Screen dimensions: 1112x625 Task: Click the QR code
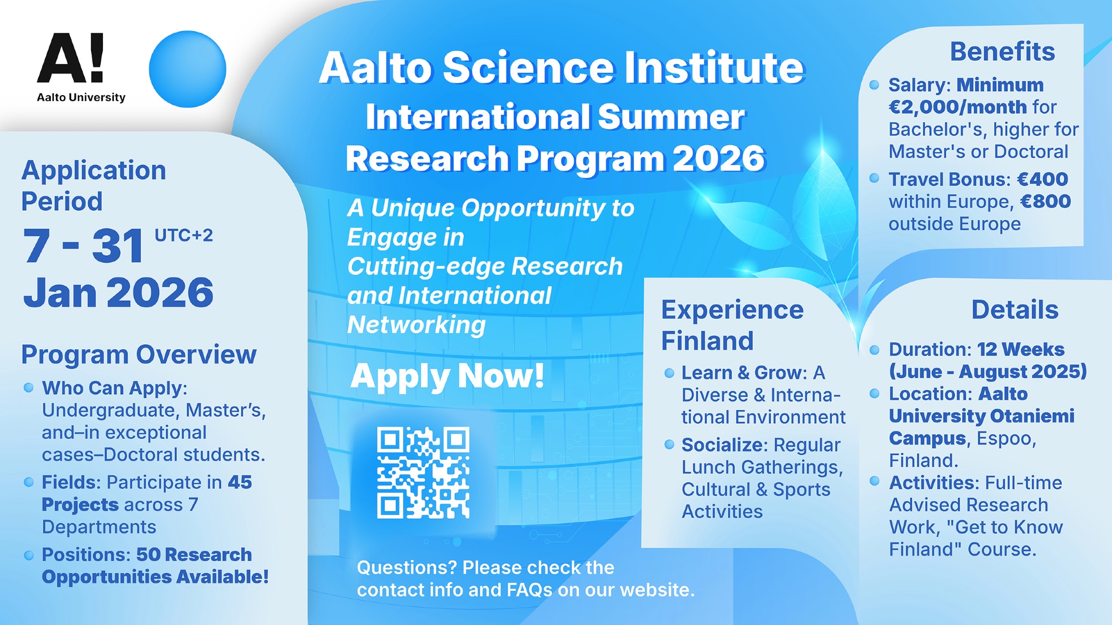click(x=423, y=473)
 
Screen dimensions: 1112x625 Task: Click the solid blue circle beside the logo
click(x=187, y=69)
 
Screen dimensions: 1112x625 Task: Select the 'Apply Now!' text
click(x=448, y=376)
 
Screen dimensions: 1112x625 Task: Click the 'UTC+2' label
click(x=183, y=235)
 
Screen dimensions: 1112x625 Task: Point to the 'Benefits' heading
click(x=1002, y=52)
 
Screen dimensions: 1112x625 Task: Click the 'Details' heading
click(x=1015, y=310)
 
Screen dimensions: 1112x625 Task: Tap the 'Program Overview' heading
click(x=139, y=355)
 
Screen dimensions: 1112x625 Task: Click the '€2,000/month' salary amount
click(x=958, y=107)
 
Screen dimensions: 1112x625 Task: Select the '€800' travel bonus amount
click(x=1046, y=201)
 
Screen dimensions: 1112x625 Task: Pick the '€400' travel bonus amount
click(x=1042, y=179)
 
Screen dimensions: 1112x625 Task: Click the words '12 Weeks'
click(x=1021, y=349)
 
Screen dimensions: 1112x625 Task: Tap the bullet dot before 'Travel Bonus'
click(x=874, y=178)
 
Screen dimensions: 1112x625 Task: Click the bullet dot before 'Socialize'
click(x=669, y=444)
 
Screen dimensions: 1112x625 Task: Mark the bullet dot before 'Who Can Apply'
click(x=29, y=388)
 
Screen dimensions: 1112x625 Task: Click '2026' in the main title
click(x=719, y=158)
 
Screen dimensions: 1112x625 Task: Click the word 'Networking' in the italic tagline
click(x=416, y=325)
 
